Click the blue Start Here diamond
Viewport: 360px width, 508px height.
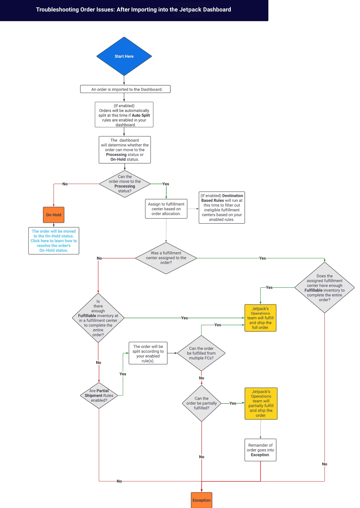point(124,56)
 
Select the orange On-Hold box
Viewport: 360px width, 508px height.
point(54,215)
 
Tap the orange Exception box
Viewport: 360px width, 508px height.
point(201,500)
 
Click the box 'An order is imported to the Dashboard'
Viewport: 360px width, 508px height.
point(125,89)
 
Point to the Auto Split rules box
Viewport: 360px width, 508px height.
point(124,115)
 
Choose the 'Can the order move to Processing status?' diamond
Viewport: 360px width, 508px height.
point(125,184)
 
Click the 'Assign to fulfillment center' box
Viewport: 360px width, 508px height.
point(166,209)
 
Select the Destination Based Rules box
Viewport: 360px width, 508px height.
point(222,208)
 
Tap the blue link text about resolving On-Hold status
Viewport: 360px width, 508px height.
point(54,241)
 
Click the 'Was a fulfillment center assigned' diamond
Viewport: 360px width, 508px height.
point(166,258)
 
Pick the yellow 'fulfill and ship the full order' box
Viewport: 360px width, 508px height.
point(260,318)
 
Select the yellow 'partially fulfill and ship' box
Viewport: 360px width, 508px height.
point(261,404)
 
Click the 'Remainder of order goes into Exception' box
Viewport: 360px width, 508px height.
point(260,450)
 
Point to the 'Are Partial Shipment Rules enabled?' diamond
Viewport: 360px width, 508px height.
point(99,396)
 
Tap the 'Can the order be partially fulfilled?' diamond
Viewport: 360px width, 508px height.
point(202,403)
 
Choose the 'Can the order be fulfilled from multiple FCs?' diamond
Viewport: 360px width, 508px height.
point(201,353)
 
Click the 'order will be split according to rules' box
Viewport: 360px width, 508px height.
point(148,353)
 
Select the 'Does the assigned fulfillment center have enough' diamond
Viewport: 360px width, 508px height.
point(324,288)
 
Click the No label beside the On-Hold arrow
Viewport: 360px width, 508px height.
point(65,184)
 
